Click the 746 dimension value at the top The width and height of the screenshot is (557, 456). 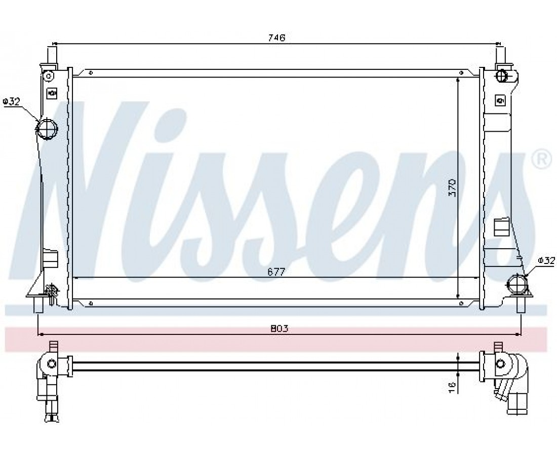(276, 37)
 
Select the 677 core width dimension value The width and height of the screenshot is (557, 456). (276, 272)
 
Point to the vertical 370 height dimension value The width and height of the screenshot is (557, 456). (452, 188)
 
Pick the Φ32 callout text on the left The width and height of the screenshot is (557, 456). (11, 102)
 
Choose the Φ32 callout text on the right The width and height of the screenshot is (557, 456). (546, 260)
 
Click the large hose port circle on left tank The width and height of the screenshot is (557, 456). (47, 129)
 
